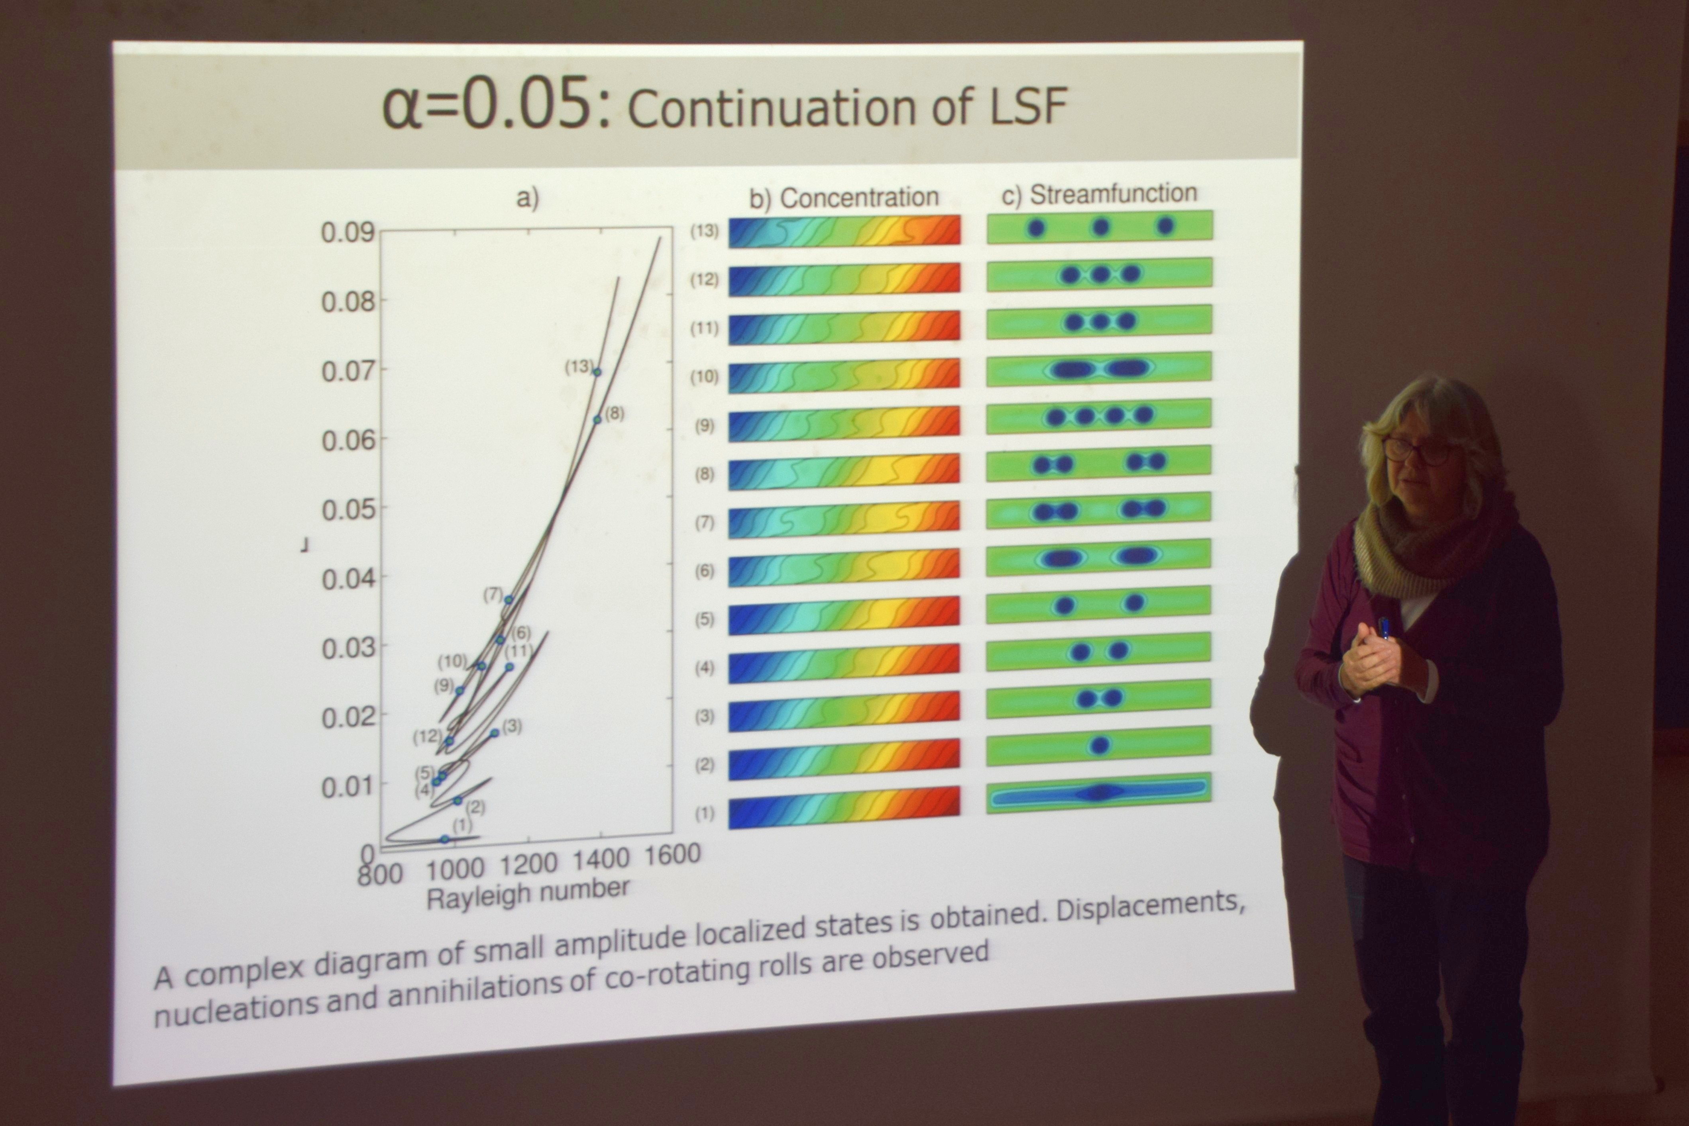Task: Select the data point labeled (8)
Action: [597, 419]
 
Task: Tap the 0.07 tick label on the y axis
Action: [348, 371]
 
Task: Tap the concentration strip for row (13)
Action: [844, 231]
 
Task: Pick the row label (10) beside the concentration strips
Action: [704, 376]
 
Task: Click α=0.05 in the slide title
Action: [496, 106]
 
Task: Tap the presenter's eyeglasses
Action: [1414, 451]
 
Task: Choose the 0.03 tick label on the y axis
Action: [348, 648]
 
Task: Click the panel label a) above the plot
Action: [527, 198]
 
